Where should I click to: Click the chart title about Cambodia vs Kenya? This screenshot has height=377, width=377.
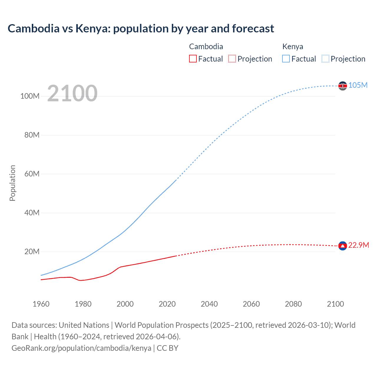(141, 29)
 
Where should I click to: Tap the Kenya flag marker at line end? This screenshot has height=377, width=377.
(343, 86)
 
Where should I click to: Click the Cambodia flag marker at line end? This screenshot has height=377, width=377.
(343, 246)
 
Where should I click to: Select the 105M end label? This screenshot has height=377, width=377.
(358, 85)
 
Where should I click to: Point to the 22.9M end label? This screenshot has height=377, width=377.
(358, 245)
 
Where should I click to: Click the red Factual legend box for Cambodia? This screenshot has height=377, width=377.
(193, 59)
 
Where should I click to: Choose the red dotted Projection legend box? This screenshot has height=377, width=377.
(232, 59)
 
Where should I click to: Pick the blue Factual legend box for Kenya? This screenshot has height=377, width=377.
(286, 59)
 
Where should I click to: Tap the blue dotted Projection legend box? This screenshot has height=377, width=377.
(325, 59)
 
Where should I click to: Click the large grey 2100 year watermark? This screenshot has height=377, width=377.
(72, 93)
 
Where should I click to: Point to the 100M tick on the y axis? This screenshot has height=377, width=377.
(30, 96)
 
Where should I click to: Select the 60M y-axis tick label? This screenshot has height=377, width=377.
(32, 174)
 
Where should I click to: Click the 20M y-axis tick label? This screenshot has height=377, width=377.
(32, 252)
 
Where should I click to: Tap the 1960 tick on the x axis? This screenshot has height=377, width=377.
(41, 304)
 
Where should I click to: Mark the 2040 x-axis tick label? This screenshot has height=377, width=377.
(209, 304)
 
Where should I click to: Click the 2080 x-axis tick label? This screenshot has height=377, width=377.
(293, 304)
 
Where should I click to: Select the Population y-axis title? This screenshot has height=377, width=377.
(12, 183)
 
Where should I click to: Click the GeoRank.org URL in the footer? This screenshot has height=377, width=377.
(81, 348)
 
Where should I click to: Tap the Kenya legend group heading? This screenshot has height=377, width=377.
(292, 47)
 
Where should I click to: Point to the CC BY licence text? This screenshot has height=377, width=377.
(168, 348)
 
